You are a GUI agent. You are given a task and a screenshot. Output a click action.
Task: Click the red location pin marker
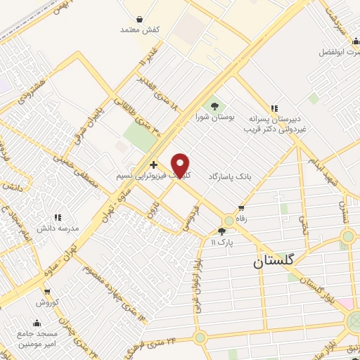(x=181, y=165)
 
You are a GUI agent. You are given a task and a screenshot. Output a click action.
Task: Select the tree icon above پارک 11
(x=222, y=231)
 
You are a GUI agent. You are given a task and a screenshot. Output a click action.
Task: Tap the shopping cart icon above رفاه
(x=242, y=207)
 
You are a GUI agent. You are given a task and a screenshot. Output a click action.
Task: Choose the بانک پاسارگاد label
(x=229, y=179)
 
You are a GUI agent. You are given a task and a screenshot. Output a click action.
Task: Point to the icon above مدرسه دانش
(x=58, y=218)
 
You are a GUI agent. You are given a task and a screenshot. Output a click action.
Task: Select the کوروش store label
(x=46, y=302)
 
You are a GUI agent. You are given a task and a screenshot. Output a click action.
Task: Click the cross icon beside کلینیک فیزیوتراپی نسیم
(x=154, y=164)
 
